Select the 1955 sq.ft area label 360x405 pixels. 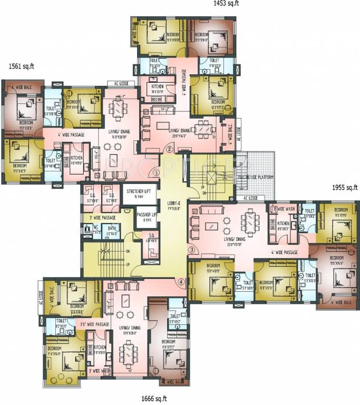click(345, 187)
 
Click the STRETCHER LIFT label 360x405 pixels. click(140, 191)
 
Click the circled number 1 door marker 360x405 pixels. click(156, 172)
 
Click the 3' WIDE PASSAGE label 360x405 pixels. click(102, 217)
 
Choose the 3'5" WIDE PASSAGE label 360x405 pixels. click(95, 324)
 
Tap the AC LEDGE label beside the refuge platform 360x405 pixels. click(252, 198)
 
